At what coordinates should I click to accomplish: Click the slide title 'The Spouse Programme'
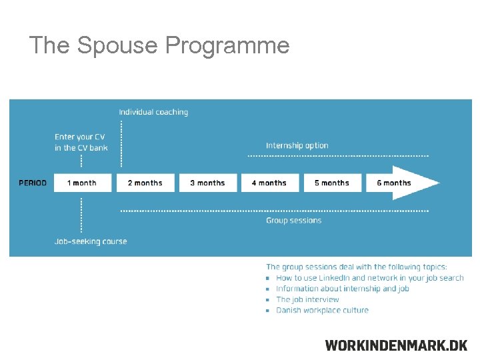(x=159, y=45)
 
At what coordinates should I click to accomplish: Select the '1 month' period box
(x=81, y=183)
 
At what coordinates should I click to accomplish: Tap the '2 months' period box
(x=145, y=183)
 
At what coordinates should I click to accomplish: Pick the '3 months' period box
(x=207, y=183)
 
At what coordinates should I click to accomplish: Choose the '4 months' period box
(x=269, y=183)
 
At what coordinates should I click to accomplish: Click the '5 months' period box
(x=331, y=183)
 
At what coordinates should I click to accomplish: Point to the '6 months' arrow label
(x=393, y=183)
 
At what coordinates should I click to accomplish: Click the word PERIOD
(x=33, y=183)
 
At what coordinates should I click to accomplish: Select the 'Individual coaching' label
(x=153, y=112)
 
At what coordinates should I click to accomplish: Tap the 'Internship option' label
(x=297, y=145)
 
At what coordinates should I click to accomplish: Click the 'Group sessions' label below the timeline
(x=293, y=221)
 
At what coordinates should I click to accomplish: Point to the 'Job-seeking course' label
(x=91, y=241)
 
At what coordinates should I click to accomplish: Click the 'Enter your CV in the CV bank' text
(x=81, y=142)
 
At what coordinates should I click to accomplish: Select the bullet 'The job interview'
(x=307, y=299)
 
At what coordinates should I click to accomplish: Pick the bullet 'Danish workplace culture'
(x=322, y=310)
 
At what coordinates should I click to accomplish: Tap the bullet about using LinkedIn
(x=369, y=278)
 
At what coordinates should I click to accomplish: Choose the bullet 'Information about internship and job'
(x=342, y=289)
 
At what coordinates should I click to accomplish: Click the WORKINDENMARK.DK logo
(x=396, y=345)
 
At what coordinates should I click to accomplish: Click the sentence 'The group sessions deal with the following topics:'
(x=357, y=267)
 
